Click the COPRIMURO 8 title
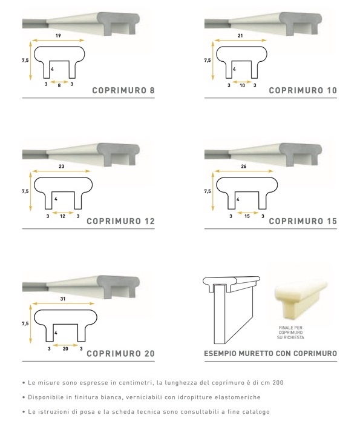[123, 90]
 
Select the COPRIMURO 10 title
[303, 90]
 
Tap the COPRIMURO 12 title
[121, 221]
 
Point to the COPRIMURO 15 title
[303, 221]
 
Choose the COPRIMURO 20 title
[121, 353]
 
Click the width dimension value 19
[58, 35]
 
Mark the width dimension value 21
[240, 35]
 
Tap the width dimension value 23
[61, 167]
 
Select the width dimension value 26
[244, 167]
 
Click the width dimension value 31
[63, 299]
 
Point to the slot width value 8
[59, 85]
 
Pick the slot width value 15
[247, 216]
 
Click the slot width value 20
[65, 349]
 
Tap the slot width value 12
[63, 216]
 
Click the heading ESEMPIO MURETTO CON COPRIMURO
[270, 353]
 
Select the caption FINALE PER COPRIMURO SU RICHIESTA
[290, 333]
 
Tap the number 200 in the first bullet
[278, 383]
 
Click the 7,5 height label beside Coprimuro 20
[25, 323]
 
